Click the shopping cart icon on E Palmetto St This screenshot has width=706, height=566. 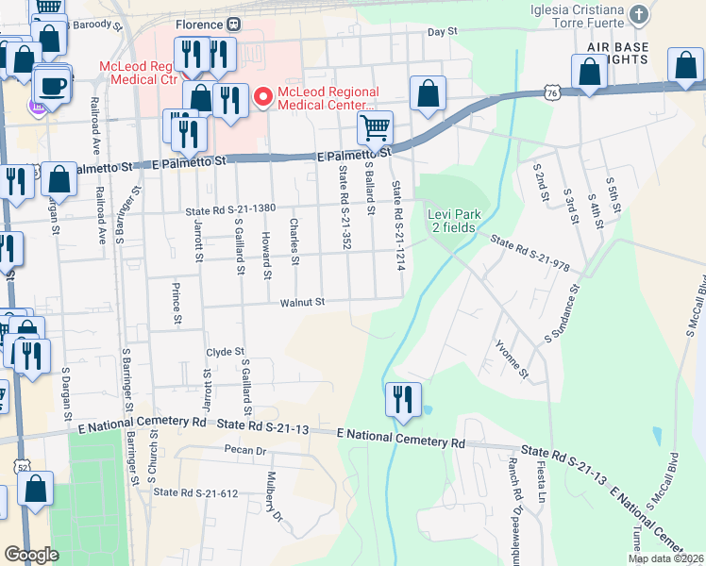pos(376,126)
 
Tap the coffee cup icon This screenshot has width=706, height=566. pos(51,84)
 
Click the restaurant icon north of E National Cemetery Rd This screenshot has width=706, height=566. pos(400,398)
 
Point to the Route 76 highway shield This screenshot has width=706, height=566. pos(552,92)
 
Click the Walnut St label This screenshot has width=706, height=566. pos(301,303)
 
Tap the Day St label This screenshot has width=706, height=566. pos(442,31)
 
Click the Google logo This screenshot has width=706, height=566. pos(31,554)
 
